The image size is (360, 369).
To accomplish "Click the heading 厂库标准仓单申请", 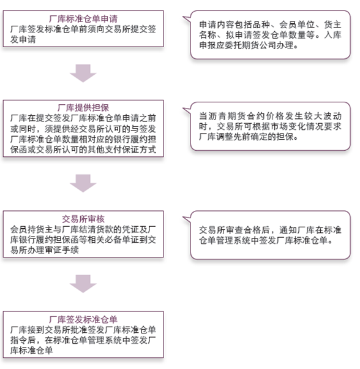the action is pyautogui.click(x=83, y=18).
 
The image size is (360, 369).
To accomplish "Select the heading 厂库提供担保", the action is pyautogui.click(x=83, y=107).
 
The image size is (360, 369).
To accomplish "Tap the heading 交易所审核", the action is pyautogui.click(x=83, y=219).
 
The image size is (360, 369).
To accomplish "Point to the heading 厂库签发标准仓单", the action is pyautogui.click(x=83, y=319).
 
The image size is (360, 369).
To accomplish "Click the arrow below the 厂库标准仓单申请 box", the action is pyautogui.click(x=83, y=73).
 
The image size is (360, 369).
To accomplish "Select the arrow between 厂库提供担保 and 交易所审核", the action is pyautogui.click(x=83, y=183).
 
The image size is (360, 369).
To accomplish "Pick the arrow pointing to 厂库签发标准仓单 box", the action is pyautogui.click(x=83, y=284).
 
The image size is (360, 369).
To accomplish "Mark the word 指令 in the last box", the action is pyautogui.click(x=19, y=340).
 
